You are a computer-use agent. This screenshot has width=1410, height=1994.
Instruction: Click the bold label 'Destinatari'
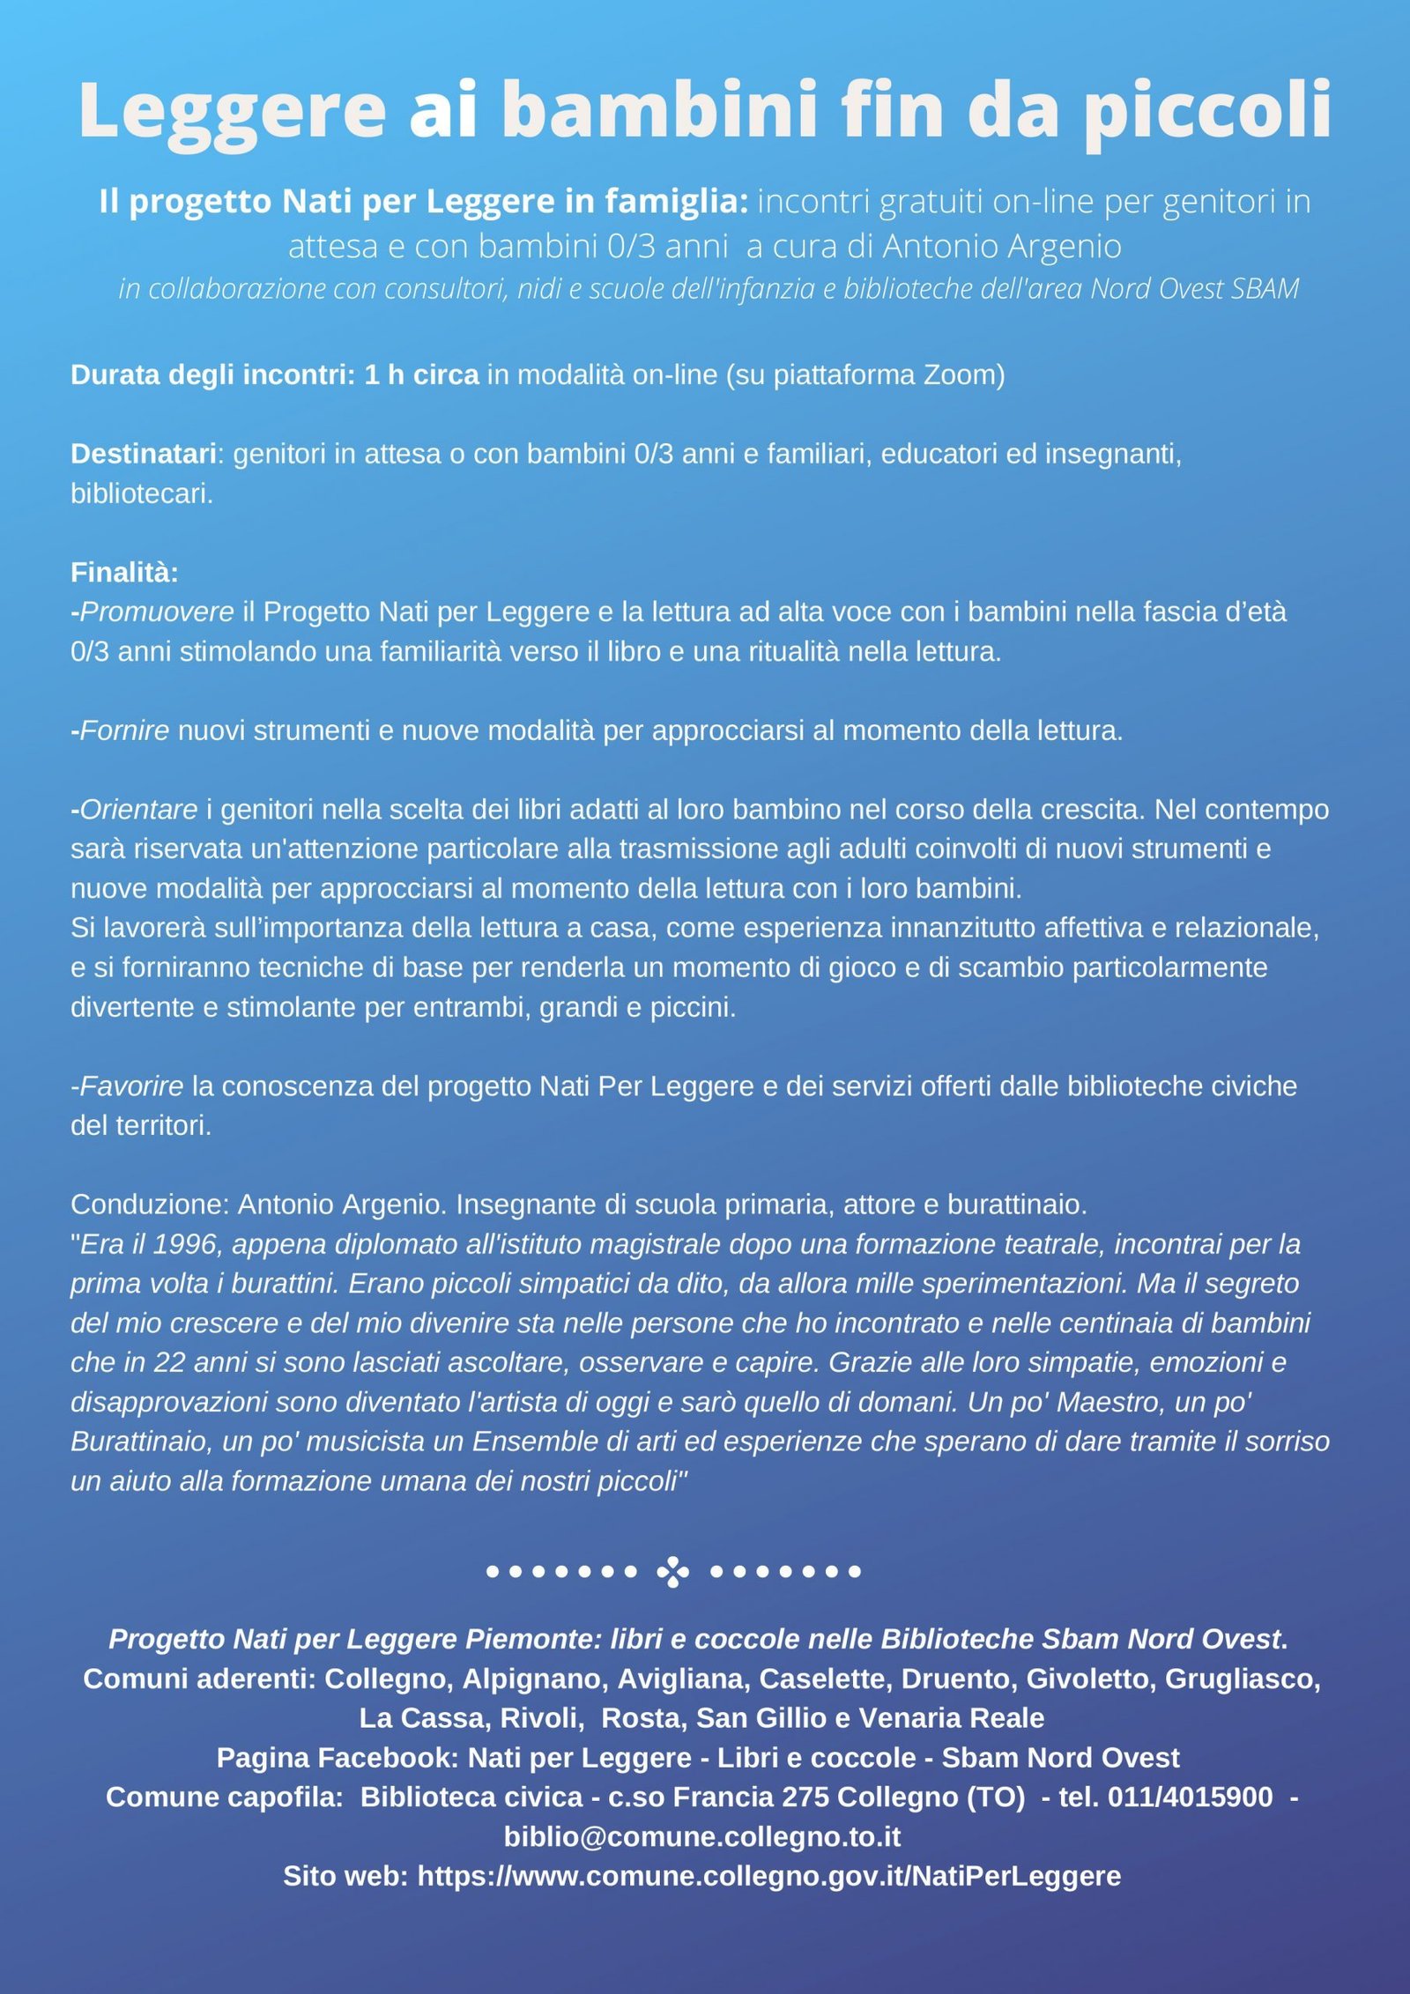(x=143, y=454)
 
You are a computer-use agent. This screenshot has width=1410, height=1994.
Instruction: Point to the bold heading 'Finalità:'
(x=124, y=573)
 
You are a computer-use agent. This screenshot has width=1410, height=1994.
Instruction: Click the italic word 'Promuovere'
(x=157, y=612)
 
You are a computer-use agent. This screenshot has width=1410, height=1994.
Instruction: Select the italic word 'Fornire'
(x=124, y=731)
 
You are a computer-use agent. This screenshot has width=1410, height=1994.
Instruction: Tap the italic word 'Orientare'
(x=138, y=810)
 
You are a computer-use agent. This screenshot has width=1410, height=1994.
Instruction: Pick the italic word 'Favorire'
(x=131, y=1086)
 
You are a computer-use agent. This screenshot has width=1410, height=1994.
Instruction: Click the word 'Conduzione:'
(x=150, y=1205)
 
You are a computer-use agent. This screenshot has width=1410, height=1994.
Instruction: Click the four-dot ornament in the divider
(x=673, y=1572)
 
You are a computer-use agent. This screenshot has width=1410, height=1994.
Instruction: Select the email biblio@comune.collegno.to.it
(x=701, y=1837)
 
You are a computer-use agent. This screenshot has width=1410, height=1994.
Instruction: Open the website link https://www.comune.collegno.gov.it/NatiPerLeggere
(x=768, y=1877)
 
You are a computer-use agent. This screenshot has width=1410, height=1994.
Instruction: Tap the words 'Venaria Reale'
(x=952, y=1718)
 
